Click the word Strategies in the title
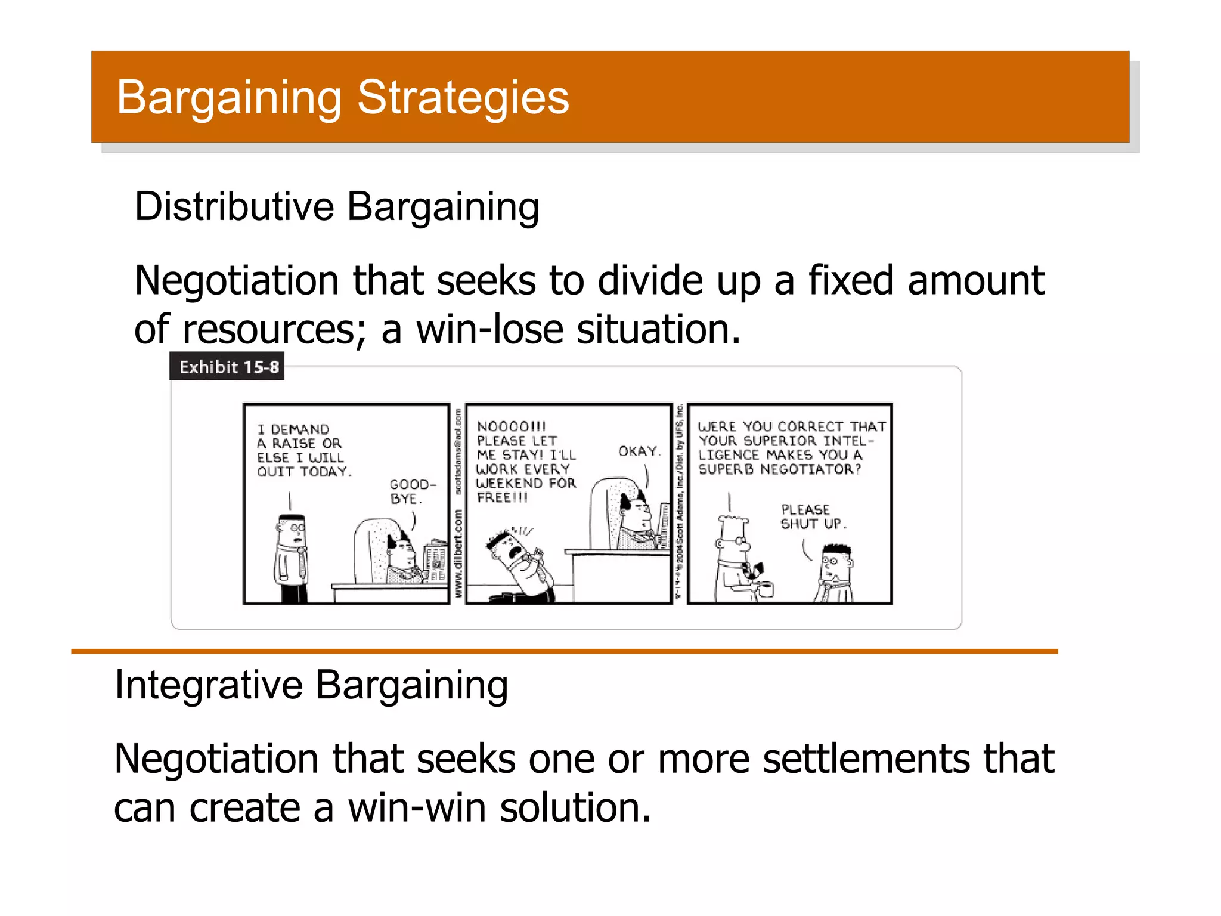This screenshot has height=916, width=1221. coord(463,98)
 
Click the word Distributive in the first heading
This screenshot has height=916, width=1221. coord(234,207)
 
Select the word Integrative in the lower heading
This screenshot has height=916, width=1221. coord(209,685)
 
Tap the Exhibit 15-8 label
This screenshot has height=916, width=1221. coord(228,367)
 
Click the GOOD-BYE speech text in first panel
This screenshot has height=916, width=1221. coord(412,491)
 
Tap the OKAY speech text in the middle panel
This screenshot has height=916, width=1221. coord(639,451)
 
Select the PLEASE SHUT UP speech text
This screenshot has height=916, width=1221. coord(812,517)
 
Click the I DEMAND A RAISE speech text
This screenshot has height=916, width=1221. coord(303,450)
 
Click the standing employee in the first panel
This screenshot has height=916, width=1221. coord(292,558)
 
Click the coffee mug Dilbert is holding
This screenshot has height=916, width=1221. coord(766,589)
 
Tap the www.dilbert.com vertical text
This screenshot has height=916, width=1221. coord(458,553)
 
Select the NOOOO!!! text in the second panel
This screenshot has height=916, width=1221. coord(511,426)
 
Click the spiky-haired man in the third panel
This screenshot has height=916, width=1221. coord(835,572)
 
